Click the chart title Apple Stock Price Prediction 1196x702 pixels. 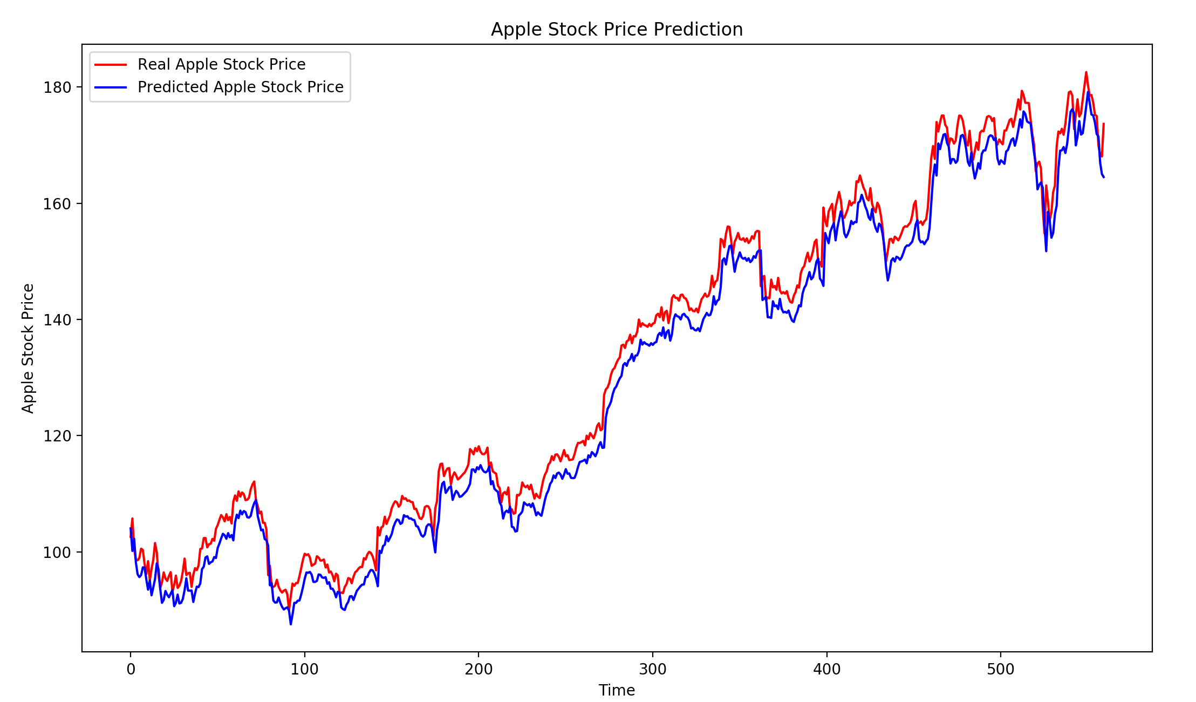(x=617, y=30)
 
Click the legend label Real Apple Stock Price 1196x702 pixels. (x=221, y=65)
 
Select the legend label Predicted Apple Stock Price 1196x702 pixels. (x=240, y=87)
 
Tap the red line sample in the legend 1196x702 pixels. (x=111, y=65)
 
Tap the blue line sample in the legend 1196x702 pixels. (x=111, y=87)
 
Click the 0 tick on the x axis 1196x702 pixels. (x=131, y=670)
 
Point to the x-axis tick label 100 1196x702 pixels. (x=304, y=670)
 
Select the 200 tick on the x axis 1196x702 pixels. (x=479, y=670)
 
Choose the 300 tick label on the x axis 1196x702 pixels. (x=653, y=670)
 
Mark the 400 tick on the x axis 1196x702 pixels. (x=826, y=670)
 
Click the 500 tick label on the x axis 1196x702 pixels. (x=1001, y=670)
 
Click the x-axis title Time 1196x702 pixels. (x=617, y=691)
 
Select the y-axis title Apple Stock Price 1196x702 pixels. (x=28, y=349)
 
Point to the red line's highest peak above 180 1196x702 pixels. (x=1086, y=72)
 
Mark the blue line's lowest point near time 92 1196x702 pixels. (x=291, y=624)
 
